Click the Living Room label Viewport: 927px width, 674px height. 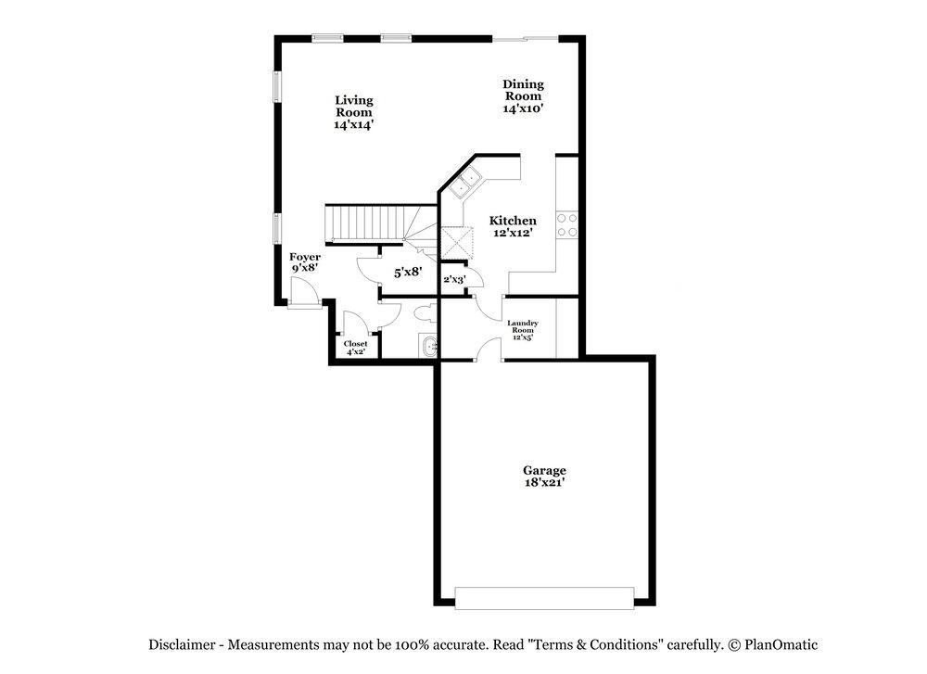coord(354,106)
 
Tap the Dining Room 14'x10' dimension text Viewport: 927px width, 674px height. coord(523,108)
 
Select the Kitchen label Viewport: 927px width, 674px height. coord(513,221)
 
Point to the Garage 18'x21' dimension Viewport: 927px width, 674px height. coord(544,483)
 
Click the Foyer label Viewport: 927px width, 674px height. coord(305,257)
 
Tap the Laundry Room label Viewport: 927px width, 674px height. coord(523,326)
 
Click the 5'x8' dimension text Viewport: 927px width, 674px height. coord(408,272)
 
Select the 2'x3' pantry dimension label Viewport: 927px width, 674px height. coord(454,279)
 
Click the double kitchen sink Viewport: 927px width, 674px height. coord(463,182)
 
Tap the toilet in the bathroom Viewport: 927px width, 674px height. coord(425,312)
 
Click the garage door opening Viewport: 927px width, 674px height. coord(544,598)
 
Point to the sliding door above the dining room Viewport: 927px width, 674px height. coord(526,39)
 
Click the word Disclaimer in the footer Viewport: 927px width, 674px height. coord(182,644)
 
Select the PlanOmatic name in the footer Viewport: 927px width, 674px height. coord(781,644)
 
